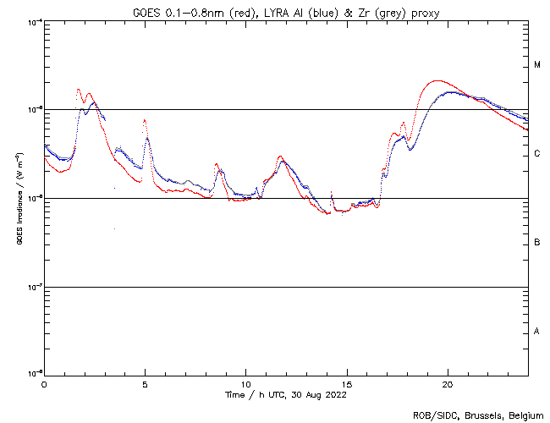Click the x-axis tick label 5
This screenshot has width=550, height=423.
145,384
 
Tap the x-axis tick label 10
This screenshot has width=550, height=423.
245,384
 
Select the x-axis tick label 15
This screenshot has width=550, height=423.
346,384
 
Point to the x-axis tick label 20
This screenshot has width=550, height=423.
447,384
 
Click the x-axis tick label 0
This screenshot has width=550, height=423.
44,384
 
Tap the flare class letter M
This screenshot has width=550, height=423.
537,65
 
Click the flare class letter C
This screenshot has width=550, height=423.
537,154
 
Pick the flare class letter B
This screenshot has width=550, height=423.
537,243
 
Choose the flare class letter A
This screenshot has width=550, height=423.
537,332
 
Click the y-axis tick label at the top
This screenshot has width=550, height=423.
34,21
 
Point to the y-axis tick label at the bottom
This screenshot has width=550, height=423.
34,372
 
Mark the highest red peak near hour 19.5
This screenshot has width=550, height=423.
437,81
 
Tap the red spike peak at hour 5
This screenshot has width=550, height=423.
145,120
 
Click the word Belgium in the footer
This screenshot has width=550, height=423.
525,415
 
